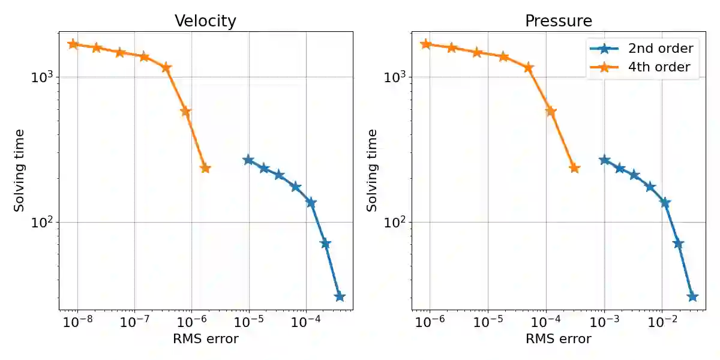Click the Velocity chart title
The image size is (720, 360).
(205, 21)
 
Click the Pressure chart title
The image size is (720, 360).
(558, 21)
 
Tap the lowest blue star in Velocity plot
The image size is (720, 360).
(340, 296)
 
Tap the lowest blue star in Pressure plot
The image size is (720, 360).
(692, 296)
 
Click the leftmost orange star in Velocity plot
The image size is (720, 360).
(73, 44)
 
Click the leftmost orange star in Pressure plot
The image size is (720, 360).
(426, 44)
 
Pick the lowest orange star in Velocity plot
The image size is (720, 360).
(205, 168)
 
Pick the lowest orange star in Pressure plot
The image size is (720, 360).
(574, 168)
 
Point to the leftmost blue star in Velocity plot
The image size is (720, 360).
(248, 160)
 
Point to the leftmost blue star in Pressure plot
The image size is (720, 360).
(604, 160)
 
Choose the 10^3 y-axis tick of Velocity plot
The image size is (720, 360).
(43, 77)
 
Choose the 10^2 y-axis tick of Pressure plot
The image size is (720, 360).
(396, 223)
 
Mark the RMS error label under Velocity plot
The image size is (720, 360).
(205, 339)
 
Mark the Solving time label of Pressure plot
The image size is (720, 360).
(373, 170)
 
